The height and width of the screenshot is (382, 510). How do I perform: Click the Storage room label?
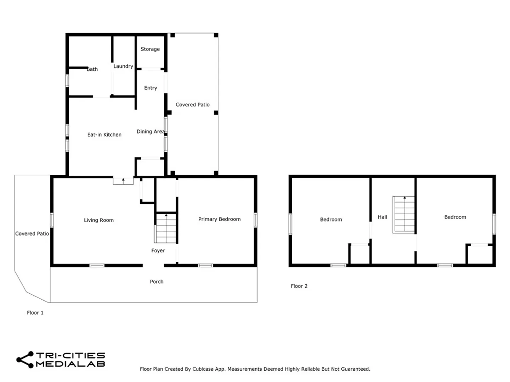coord(150,49)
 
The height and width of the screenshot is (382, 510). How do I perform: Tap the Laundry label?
coord(123,66)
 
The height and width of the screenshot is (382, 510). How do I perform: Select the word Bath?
coord(92,69)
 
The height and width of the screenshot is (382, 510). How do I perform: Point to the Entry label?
coord(150,88)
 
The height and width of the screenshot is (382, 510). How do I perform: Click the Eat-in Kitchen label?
coord(104,134)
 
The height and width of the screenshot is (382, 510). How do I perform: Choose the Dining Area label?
coord(151,132)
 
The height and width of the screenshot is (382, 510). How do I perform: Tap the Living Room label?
coord(99,220)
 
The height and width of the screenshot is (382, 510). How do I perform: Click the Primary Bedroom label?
coord(219,219)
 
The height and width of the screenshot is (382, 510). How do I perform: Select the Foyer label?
coord(158,250)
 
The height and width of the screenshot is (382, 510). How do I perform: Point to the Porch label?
coord(157,282)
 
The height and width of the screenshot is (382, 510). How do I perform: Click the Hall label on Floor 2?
coord(382,217)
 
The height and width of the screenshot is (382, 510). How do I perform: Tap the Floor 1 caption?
coord(35,313)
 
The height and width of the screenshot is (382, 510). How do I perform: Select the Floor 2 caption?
coord(299,286)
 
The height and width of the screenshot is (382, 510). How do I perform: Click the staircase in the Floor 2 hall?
coord(403,215)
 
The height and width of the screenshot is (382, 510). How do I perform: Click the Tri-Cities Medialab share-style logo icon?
coord(25,359)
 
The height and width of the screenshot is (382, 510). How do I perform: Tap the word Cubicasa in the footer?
coord(203,369)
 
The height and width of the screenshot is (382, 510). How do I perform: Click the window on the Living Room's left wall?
coord(52,220)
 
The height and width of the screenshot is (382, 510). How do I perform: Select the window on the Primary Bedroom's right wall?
coord(255,220)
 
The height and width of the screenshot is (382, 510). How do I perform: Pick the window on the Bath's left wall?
coord(67,81)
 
